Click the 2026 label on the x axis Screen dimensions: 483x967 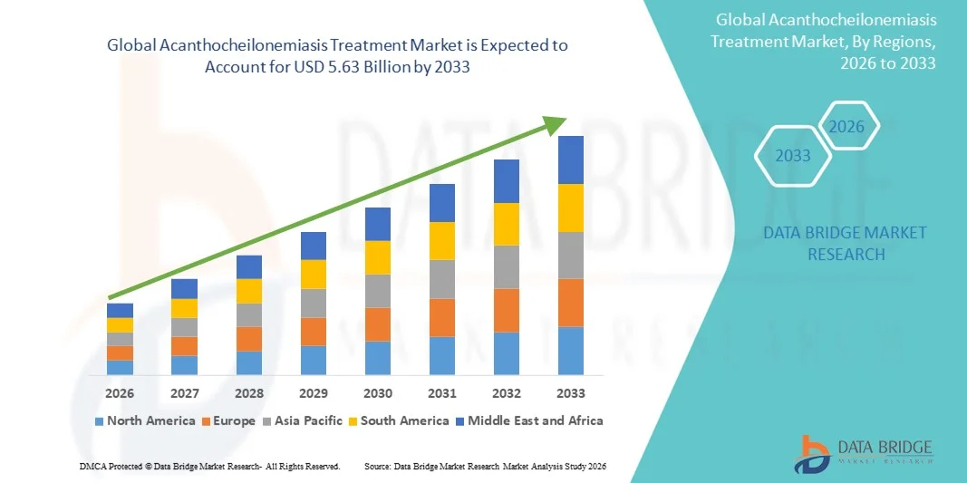(120, 393)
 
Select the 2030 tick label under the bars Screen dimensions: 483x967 (378, 393)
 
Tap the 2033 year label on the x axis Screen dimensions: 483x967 (571, 393)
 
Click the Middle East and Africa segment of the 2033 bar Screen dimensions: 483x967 (571, 159)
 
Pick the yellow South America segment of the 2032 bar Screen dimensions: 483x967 (507, 224)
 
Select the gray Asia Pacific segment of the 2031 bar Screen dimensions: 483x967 (442, 279)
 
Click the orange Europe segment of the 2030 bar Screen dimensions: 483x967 (378, 324)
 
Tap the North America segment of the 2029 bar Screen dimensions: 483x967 (314, 360)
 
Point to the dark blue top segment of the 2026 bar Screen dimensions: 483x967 (120, 310)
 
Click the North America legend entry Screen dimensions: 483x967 (144, 420)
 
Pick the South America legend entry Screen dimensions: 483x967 (398, 420)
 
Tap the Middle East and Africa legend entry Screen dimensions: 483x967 (529, 420)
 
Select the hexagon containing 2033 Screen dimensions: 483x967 (793, 156)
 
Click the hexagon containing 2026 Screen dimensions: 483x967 (847, 127)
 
